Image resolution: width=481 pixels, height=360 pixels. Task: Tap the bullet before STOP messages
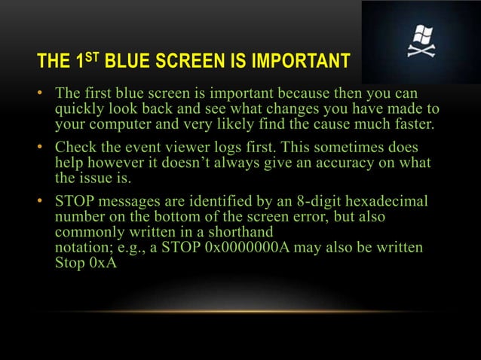click(x=44, y=202)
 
